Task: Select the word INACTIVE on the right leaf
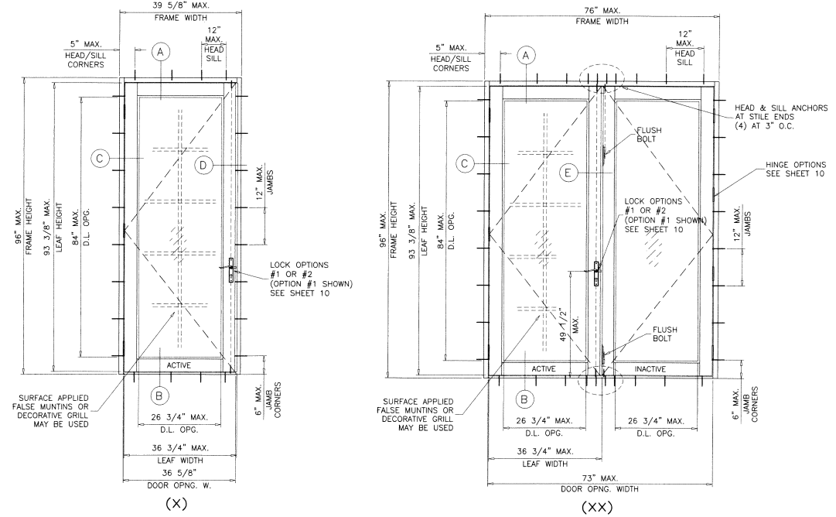pyautogui.click(x=650, y=368)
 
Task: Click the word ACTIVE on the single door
pyautogui.click(x=178, y=365)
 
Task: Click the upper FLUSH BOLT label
pyautogui.click(x=648, y=135)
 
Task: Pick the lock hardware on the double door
pyautogui.click(x=595, y=273)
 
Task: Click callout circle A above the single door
pyautogui.click(x=160, y=52)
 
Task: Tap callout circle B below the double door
pyautogui.click(x=526, y=399)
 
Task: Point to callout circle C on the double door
pyautogui.click(x=466, y=163)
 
